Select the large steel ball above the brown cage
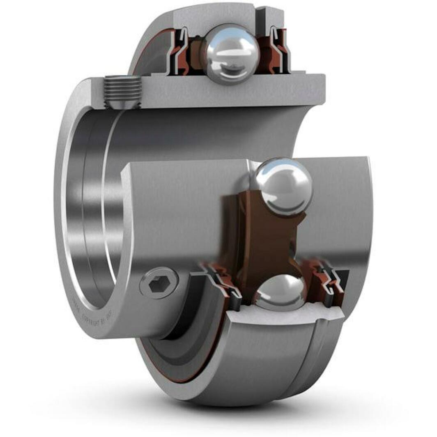(x=283, y=187)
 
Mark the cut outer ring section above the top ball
(x=214, y=16)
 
